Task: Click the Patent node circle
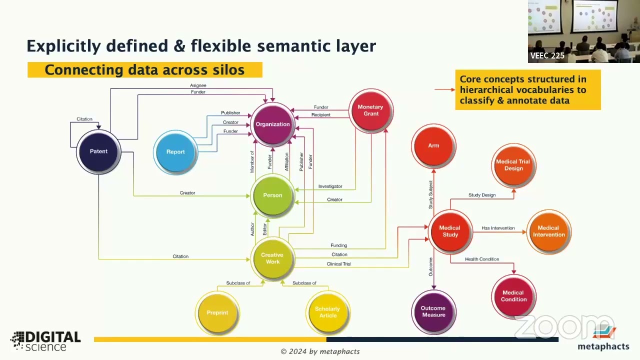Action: (x=98, y=151)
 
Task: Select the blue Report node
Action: (x=175, y=152)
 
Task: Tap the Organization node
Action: (x=272, y=124)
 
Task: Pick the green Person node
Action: (x=272, y=195)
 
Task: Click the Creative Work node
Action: (x=272, y=258)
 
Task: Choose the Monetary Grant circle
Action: (x=370, y=110)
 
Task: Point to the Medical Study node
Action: (x=450, y=231)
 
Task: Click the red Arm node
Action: (x=433, y=145)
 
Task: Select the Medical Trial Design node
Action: (x=513, y=165)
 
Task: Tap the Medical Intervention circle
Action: (x=548, y=231)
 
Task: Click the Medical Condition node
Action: (x=513, y=296)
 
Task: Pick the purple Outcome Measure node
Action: (x=433, y=311)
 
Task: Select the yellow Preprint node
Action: (x=217, y=312)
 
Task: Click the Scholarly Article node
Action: (x=327, y=312)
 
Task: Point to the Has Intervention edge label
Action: (x=498, y=228)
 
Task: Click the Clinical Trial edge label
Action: (x=338, y=264)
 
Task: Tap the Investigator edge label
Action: (x=330, y=186)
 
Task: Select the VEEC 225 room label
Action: (x=547, y=55)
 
